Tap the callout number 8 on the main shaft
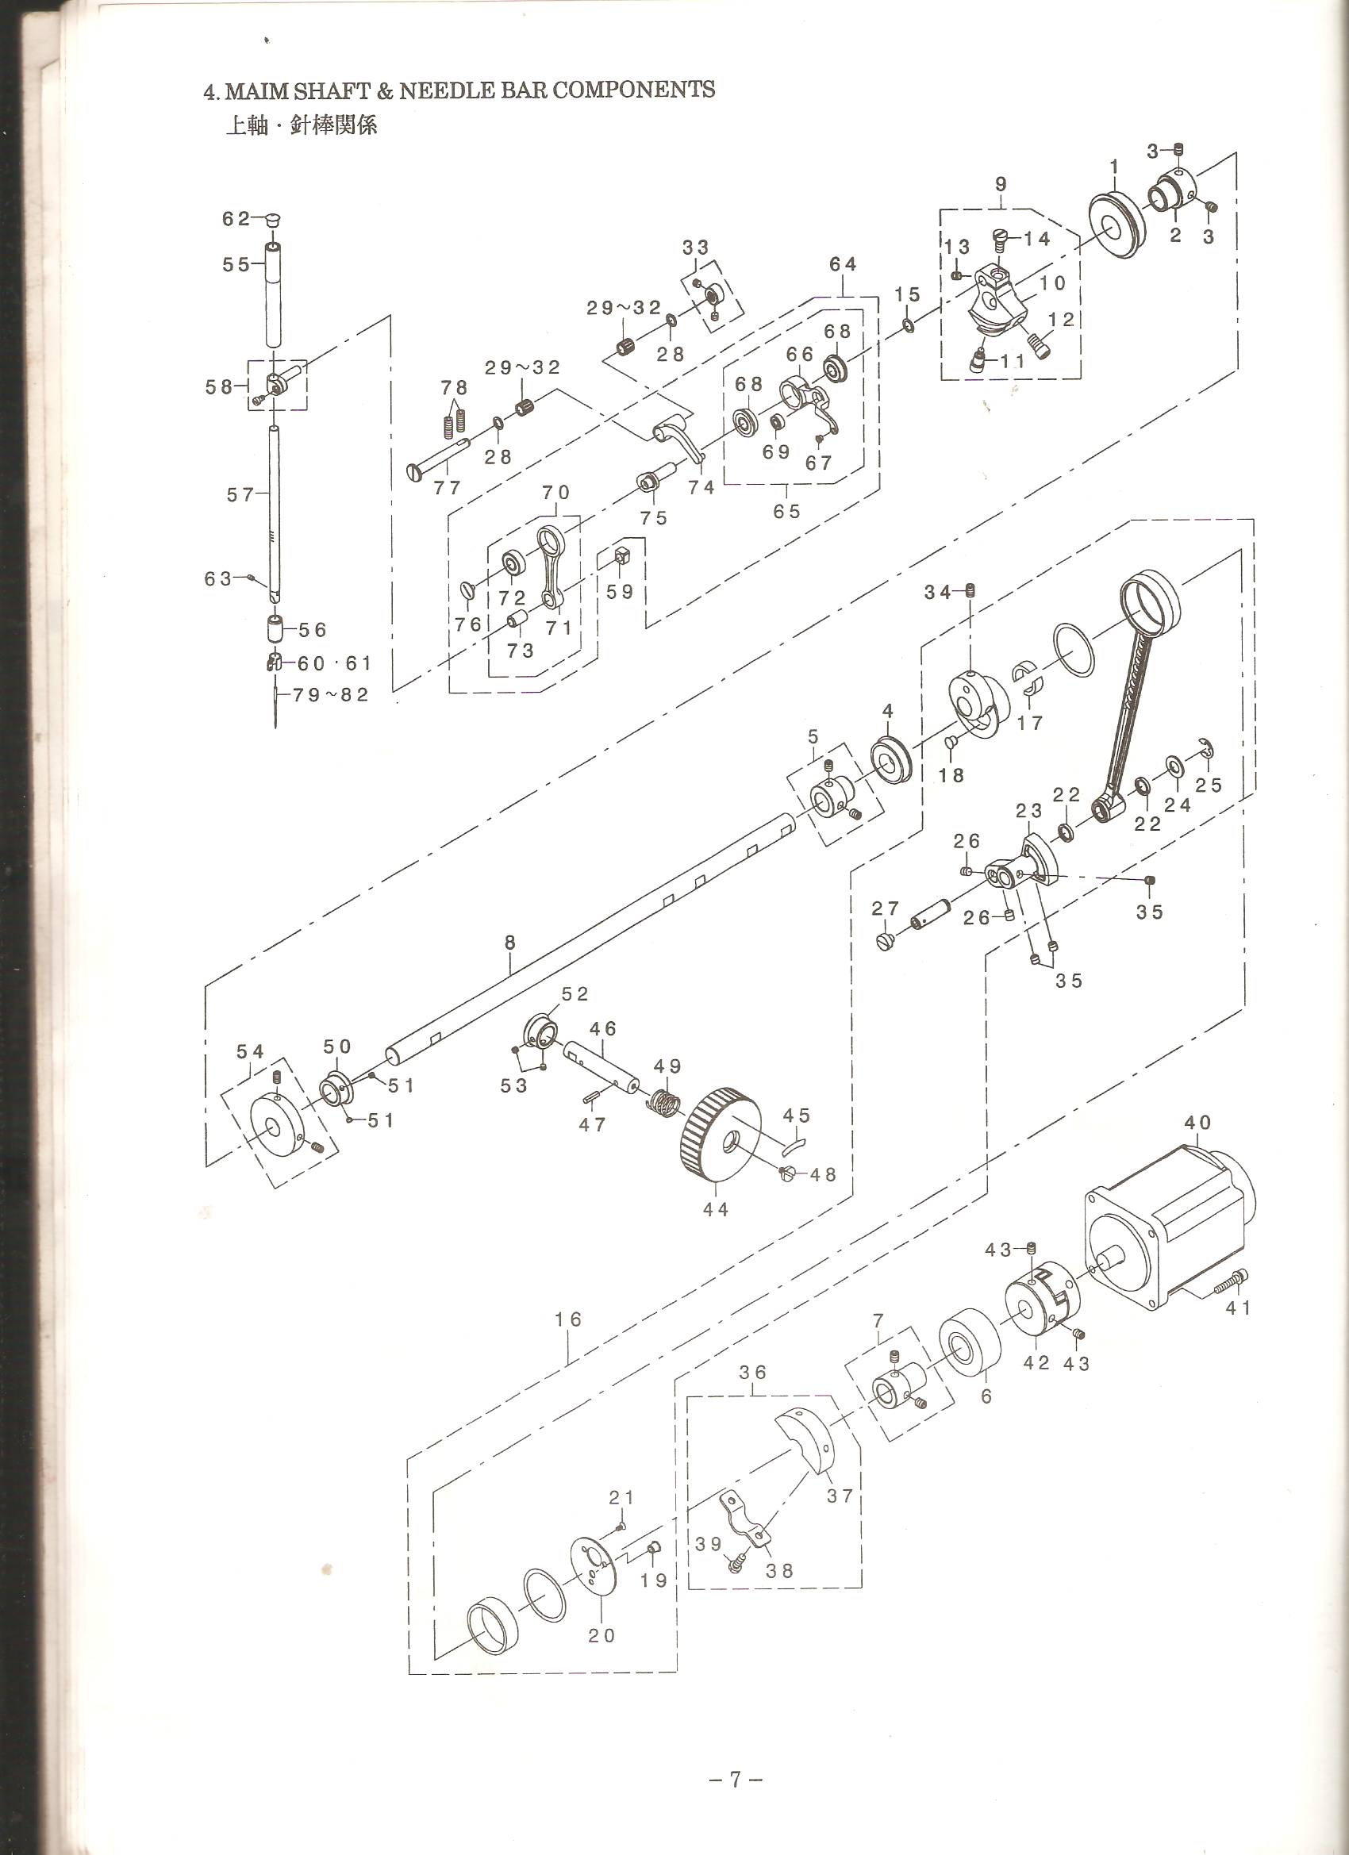tap(509, 943)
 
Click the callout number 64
tap(843, 264)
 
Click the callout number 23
tap(1030, 811)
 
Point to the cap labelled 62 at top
tap(273, 219)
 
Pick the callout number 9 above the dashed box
tap(1001, 184)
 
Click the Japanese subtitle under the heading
tap(301, 126)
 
